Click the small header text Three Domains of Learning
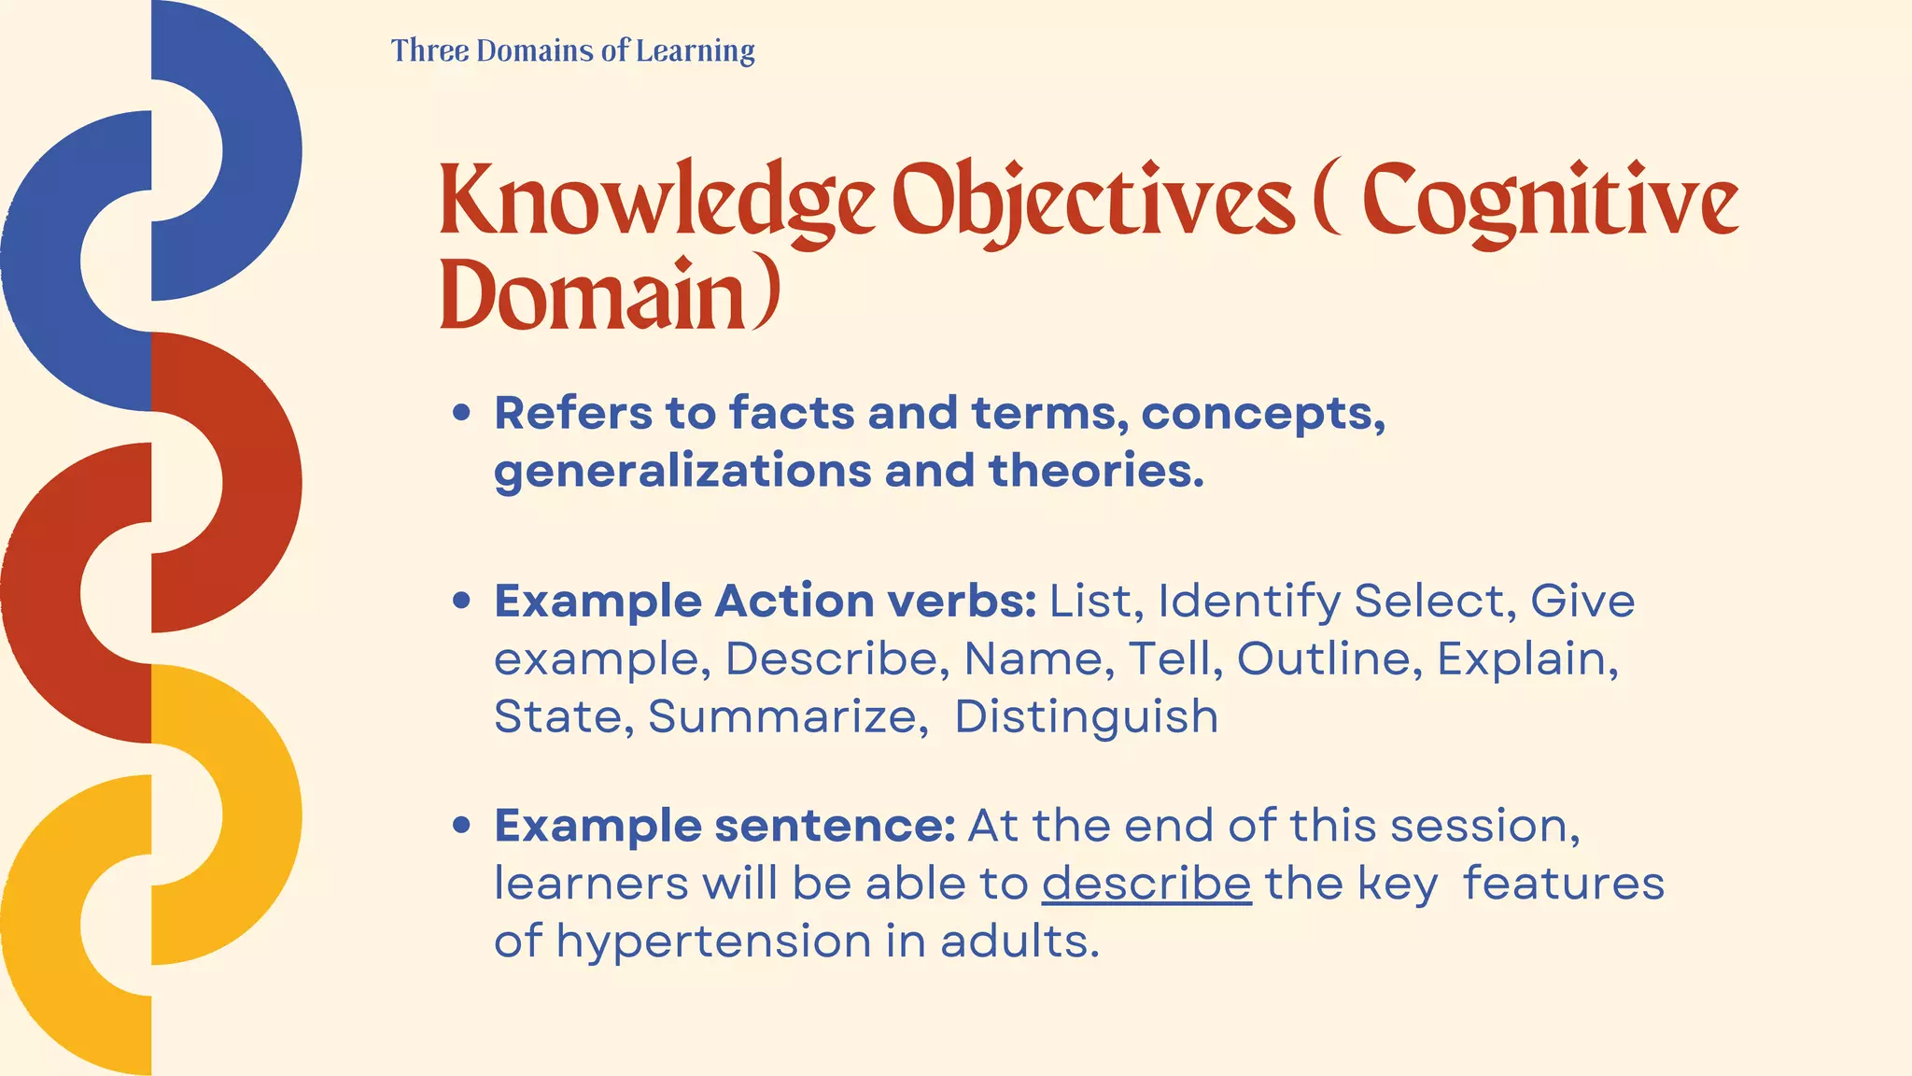point(572,50)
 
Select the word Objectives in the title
point(1093,201)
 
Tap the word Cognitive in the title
point(1550,201)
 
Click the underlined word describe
point(1146,884)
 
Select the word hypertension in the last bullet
point(714,941)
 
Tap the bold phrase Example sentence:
point(724,826)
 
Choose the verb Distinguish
point(1086,716)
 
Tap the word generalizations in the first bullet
point(682,471)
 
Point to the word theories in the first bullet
point(1096,471)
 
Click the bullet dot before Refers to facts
point(461,413)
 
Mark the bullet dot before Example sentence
point(461,826)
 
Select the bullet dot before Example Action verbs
point(461,601)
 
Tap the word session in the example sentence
point(1483,826)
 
